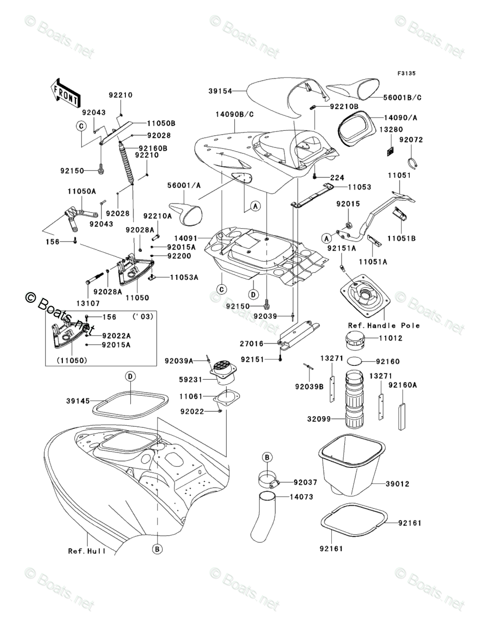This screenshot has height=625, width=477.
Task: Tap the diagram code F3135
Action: pos(406,73)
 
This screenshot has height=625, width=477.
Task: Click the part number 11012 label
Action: pos(391,338)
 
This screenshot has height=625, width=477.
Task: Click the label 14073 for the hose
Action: pos(303,497)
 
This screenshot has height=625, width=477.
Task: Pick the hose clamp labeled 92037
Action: pos(270,479)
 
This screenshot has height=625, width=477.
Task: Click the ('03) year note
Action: pos(142,317)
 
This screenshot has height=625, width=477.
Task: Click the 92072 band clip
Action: pos(414,161)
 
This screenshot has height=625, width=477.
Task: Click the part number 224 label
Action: pos(337,178)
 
